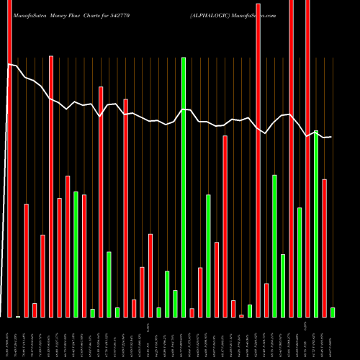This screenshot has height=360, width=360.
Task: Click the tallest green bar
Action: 184,187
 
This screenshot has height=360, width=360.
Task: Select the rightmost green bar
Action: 333,312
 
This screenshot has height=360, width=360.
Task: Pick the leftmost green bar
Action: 76,254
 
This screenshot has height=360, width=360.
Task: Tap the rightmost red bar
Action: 325,248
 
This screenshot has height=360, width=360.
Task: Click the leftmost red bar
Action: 9,158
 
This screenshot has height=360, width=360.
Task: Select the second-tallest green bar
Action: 316,223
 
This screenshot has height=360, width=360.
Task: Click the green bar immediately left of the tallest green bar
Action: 175,303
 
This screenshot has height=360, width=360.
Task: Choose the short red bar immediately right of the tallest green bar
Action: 192,312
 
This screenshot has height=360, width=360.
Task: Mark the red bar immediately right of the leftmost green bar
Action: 84,256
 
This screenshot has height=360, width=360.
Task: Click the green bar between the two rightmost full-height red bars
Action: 300,262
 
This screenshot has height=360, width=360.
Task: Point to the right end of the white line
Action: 331,137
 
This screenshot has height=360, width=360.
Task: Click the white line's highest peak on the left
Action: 9,65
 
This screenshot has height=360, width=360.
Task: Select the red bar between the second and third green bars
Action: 101,202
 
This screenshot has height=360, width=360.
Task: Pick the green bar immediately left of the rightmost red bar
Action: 316,223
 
